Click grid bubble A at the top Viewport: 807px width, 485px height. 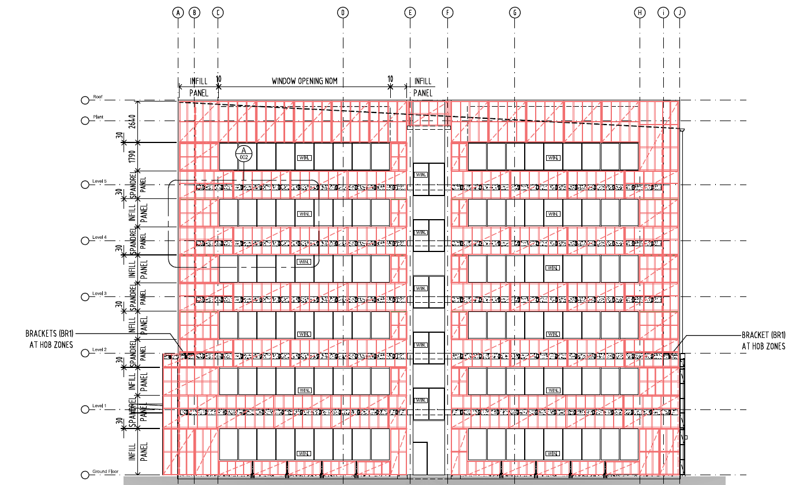tap(178, 12)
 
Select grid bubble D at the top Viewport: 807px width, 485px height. tap(343, 12)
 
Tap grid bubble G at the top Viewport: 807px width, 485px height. tap(515, 12)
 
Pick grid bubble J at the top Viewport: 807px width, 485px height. tap(679, 12)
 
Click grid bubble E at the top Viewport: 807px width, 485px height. tap(410, 12)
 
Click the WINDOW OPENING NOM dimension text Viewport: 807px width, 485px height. tap(304, 81)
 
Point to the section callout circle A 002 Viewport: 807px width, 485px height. tap(244, 153)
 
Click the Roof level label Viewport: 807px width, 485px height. tap(98, 97)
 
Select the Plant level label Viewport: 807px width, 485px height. tap(98, 117)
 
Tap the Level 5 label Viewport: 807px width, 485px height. tap(99, 181)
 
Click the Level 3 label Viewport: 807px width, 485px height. tap(99, 294)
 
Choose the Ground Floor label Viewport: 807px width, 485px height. tap(105, 472)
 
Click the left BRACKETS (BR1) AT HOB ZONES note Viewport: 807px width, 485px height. tap(49, 340)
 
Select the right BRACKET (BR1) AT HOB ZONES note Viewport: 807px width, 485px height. tap(763, 341)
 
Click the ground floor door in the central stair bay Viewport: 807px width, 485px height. tap(420, 458)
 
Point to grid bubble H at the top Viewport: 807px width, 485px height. tap(640, 12)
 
